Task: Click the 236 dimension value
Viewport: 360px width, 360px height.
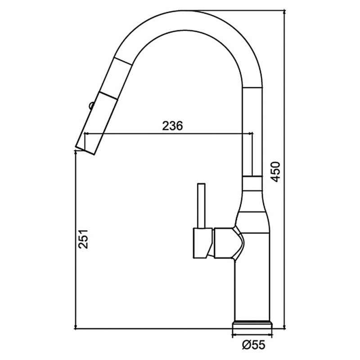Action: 172,126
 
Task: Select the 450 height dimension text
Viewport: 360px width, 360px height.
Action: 275,172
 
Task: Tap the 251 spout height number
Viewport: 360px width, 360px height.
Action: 83,239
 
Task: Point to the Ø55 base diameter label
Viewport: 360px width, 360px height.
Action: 253,345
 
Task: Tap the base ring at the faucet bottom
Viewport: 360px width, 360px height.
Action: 252,324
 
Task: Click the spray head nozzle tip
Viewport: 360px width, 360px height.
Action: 85,150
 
